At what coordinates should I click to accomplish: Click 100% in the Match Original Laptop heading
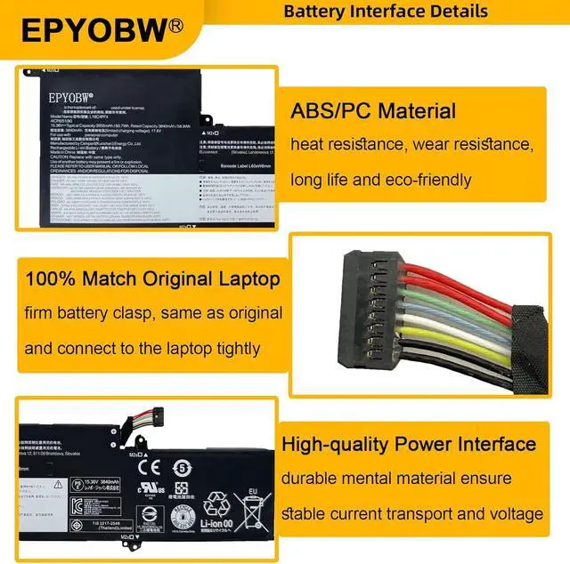[53, 278]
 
